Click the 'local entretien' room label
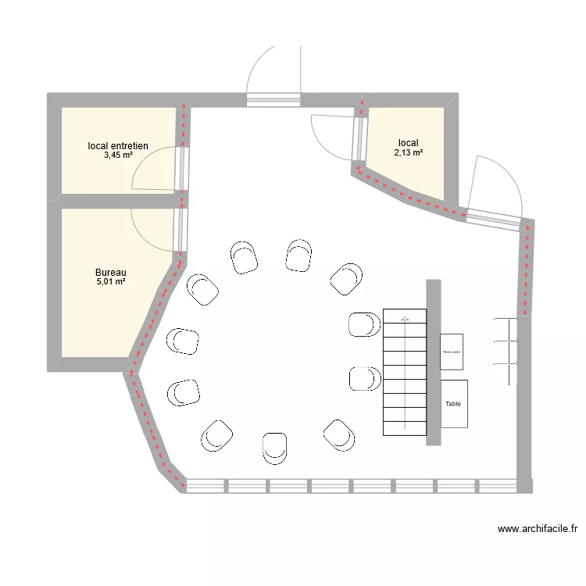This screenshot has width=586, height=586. [x=118, y=145]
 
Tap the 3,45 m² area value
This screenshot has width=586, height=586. [x=118, y=155]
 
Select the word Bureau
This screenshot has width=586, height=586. [x=111, y=273]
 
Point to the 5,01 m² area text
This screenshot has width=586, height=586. [x=111, y=282]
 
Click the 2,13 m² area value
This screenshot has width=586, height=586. [x=408, y=153]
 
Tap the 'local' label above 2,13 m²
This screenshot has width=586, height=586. [x=408, y=143]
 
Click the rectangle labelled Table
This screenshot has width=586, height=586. [x=454, y=404]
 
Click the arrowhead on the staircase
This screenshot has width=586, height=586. [x=404, y=319]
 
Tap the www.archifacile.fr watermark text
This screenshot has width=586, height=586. [x=537, y=529]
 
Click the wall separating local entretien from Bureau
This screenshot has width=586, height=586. [x=117, y=202]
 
